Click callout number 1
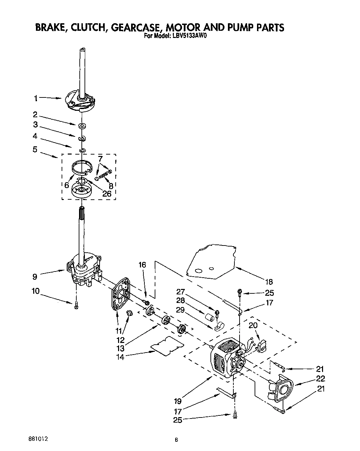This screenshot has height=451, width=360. pyautogui.click(x=35, y=98)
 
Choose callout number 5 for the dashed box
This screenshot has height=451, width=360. pyautogui.click(x=35, y=149)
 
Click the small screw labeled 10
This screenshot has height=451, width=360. pyautogui.click(x=76, y=305)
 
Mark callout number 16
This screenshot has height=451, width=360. pyautogui.click(x=142, y=264)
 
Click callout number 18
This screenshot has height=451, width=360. pyautogui.click(x=269, y=282)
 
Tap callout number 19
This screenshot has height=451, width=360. pyautogui.click(x=177, y=400)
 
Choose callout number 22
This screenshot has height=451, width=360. pyautogui.click(x=320, y=379)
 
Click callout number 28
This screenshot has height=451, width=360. pyautogui.click(x=181, y=301)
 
